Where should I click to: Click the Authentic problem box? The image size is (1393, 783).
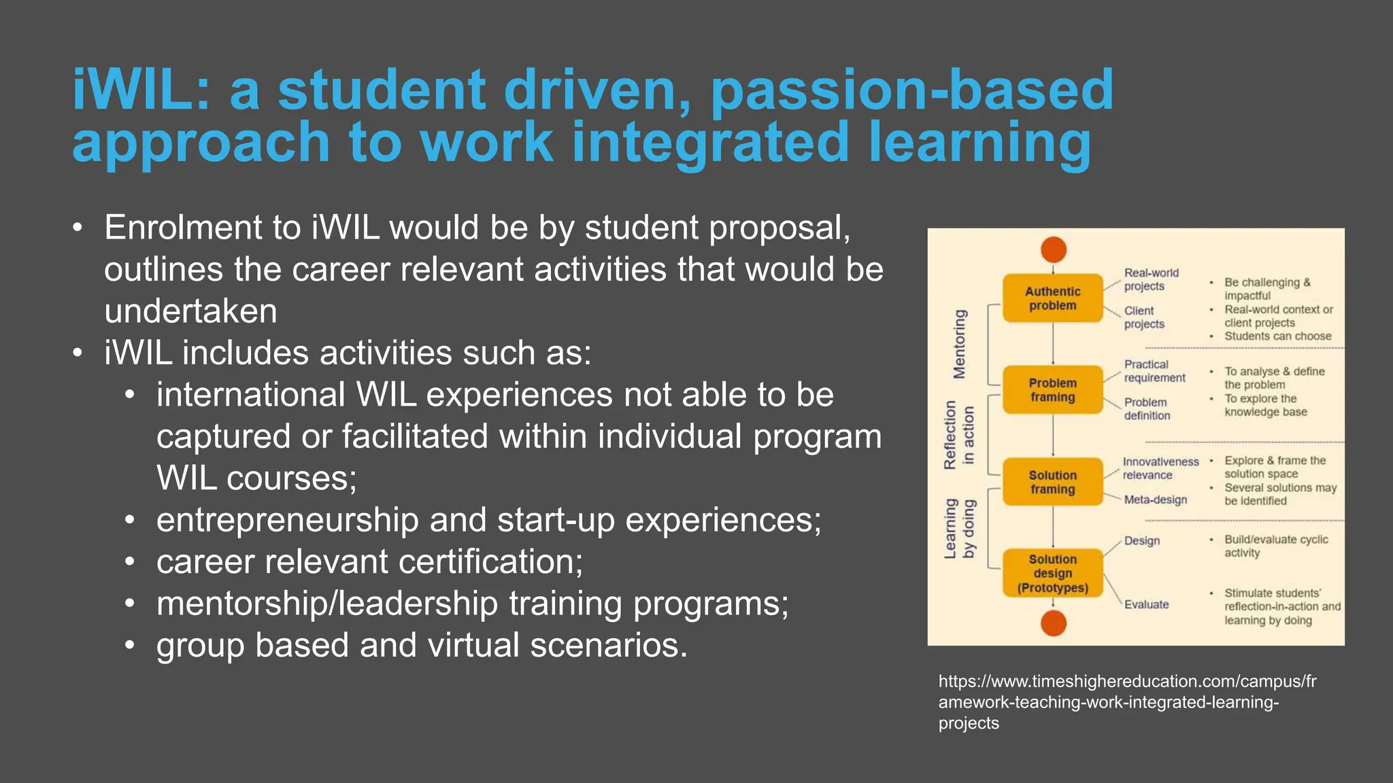click(x=1052, y=298)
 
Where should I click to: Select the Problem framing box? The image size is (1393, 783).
click(x=1052, y=390)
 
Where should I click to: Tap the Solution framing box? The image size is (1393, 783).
click(x=1052, y=482)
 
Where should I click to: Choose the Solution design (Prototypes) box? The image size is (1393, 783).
click(x=1052, y=573)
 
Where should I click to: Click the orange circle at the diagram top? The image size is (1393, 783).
click(x=1054, y=249)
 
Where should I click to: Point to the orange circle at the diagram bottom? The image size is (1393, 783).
click(x=1054, y=623)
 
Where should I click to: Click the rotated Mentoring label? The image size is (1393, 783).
click(x=959, y=344)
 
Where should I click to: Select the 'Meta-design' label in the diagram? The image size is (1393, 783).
click(x=1155, y=500)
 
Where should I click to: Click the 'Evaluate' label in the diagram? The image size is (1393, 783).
click(x=1146, y=604)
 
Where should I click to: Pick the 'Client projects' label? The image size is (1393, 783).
click(x=1144, y=317)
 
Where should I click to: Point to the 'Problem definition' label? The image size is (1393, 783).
click(x=1147, y=409)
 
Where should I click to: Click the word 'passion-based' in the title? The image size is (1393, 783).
click(x=911, y=90)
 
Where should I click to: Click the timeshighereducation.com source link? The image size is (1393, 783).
click(x=1127, y=701)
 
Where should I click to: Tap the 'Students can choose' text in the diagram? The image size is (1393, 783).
click(x=1277, y=336)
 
